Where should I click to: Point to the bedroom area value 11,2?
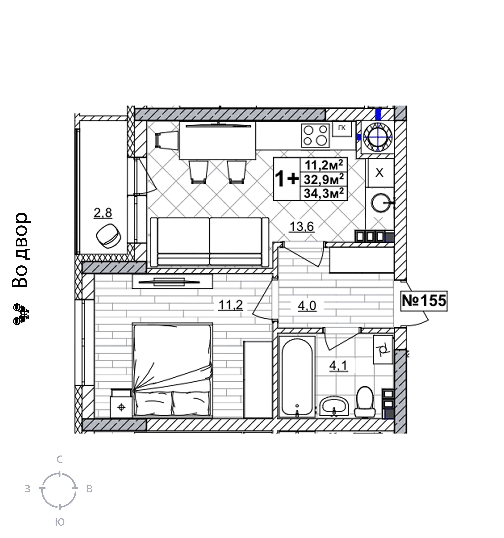click(x=231, y=305)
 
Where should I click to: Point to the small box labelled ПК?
click(x=342, y=129)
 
